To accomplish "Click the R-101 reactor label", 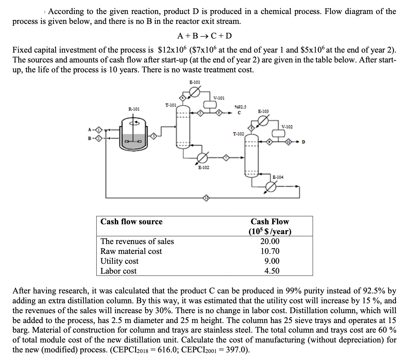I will coord(134,109).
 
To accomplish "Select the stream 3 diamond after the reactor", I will coord(154,136).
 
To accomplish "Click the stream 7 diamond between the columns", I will coord(226,157).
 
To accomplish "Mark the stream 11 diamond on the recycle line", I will coord(207,198).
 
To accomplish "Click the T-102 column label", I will coord(239,134).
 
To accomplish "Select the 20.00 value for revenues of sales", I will coord(270,241).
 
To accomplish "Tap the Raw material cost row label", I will coord(131,251).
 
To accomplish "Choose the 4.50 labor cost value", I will coord(272,271).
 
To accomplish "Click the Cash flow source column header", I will coord(131,221).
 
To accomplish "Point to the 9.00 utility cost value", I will coord(272,261).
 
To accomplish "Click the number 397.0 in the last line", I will coord(237,349).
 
